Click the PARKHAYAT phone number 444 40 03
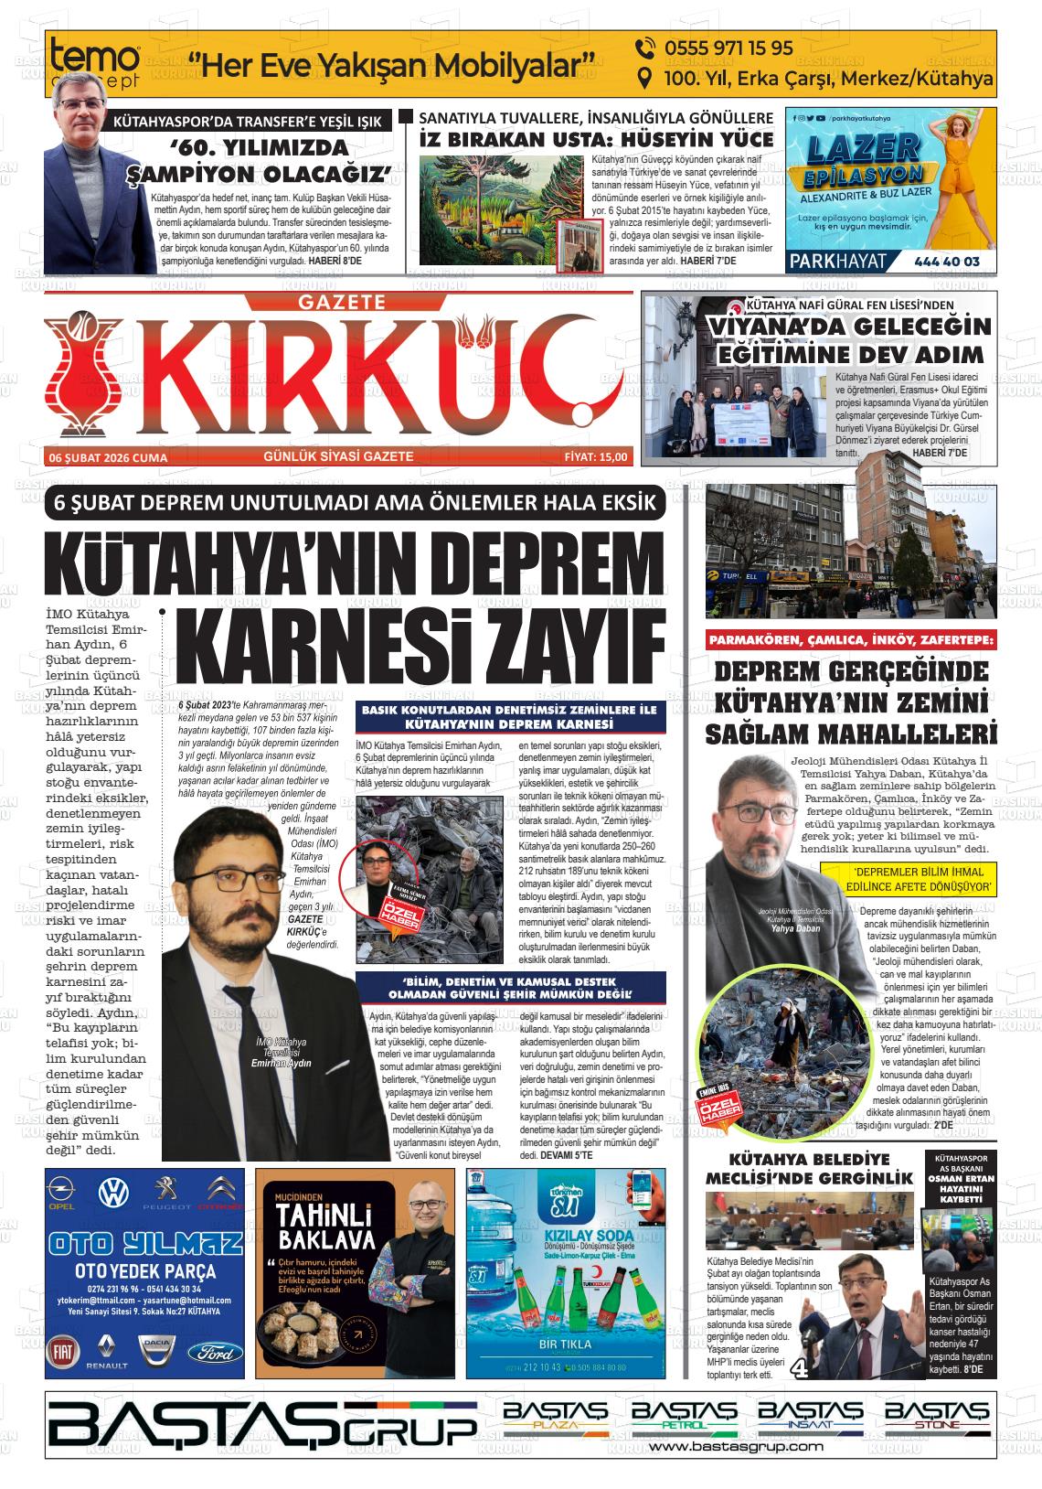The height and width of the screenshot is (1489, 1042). [x=946, y=262]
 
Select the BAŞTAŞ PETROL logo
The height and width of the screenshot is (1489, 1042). [x=684, y=1415]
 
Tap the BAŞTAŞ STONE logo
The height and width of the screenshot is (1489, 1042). [x=939, y=1415]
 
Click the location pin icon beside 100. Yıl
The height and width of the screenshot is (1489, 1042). [x=644, y=80]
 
